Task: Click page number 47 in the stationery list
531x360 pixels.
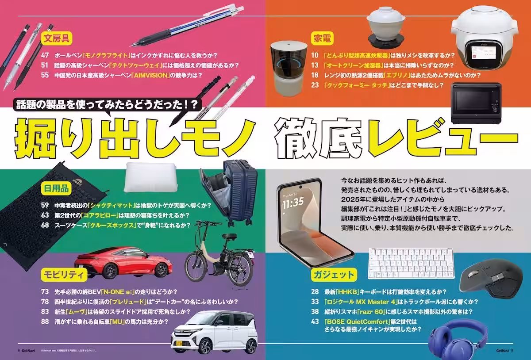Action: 45,56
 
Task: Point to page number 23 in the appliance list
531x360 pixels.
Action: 315,84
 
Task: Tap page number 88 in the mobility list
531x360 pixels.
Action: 45,322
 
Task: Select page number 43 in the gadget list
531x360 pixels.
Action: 315,322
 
